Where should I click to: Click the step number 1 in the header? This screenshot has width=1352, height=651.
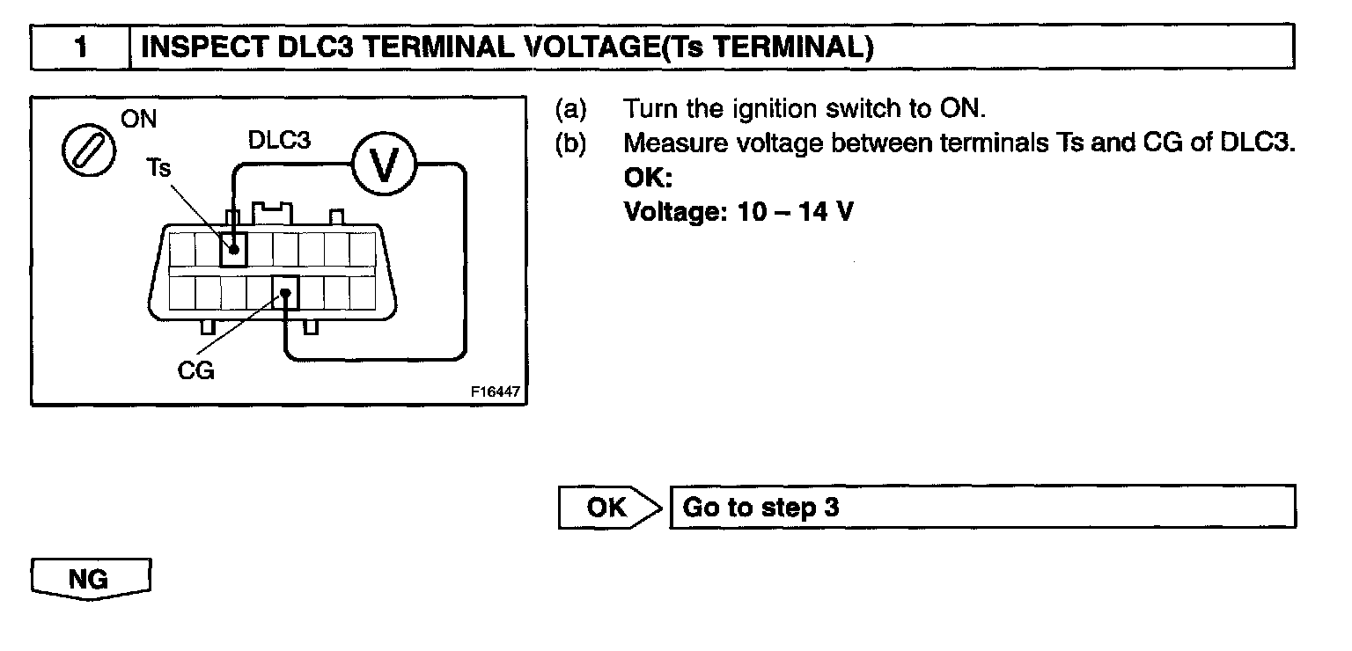coord(80,48)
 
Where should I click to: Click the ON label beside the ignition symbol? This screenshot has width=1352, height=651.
coord(139,120)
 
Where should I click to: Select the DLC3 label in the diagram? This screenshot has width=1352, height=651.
coord(279,140)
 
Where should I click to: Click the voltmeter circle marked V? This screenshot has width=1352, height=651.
coord(382,164)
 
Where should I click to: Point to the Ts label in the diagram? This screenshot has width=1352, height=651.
coord(158,168)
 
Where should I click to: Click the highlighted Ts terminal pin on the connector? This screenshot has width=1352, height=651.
coord(233,249)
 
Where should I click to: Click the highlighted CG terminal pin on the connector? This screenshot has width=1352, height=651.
coord(285,292)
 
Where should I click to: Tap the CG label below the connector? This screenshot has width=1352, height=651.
coord(195,371)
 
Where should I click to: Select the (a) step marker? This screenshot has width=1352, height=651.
coord(569,109)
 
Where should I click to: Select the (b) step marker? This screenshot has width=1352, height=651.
coord(569,143)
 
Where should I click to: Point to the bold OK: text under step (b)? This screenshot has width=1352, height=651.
coord(648,178)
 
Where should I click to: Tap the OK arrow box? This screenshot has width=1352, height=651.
coord(609,508)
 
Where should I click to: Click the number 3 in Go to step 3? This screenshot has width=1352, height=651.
coord(832,508)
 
